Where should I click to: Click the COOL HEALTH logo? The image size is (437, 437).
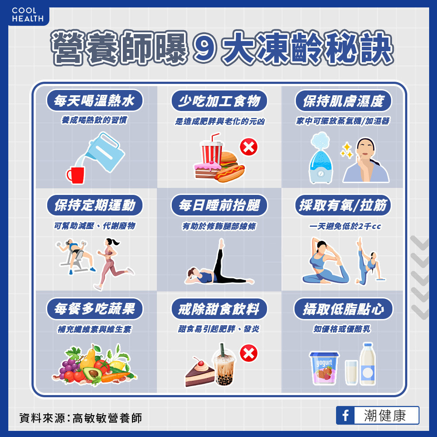point(28,15)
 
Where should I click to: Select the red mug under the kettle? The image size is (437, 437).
point(75,175)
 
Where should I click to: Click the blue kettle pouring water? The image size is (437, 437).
point(105,152)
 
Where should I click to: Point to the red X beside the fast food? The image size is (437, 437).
point(249,147)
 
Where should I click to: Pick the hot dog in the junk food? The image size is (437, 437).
point(230,173)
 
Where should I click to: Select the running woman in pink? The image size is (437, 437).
point(112,264)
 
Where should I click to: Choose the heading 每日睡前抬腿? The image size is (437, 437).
point(219,205)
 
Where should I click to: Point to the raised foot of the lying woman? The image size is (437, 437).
point(221,243)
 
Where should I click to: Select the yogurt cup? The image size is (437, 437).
point(324,368)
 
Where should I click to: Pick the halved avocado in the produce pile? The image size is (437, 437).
point(92,372)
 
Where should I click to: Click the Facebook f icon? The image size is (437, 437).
point(345,415)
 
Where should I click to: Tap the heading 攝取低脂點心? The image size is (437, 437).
point(343,309)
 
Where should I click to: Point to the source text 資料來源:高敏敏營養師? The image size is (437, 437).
point(80,418)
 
